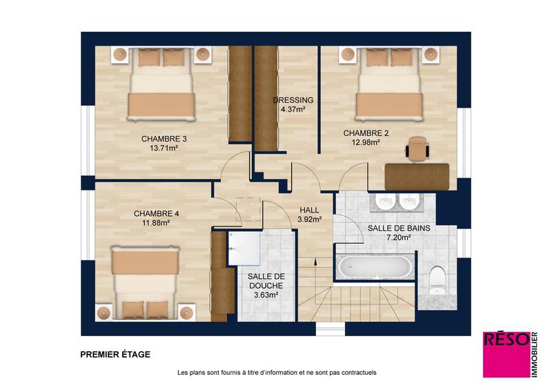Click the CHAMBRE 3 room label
point(164,138)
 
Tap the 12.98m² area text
point(366,143)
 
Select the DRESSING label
point(293,99)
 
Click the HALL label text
point(309,210)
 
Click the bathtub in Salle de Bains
point(375,267)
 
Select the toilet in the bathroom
point(437,280)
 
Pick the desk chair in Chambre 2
point(417,148)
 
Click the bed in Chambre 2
point(388,84)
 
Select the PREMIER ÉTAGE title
point(115,355)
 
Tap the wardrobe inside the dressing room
point(266,97)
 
